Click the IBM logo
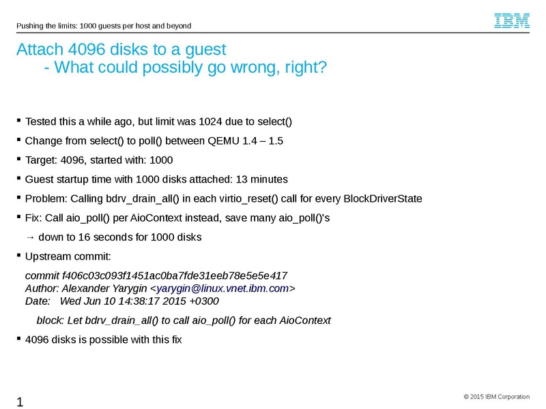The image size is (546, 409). pyautogui.click(x=512, y=21)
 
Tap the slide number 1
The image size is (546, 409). pyautogui.click(x=20, y=402)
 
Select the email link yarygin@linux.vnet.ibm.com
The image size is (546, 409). pyautogui.click(x=222, y=288)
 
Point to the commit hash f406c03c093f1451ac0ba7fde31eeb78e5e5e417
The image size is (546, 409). pyautogui.click(x=175, y=276)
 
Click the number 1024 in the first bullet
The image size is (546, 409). pyautogui.click(x=210, y=122)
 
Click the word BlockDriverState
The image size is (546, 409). pyautogui.click(x=383, y=198)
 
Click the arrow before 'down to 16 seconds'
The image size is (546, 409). pyautogui.click(x=30, y=237)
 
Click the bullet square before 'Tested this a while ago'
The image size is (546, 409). pyautogui.click(x=19, y=121)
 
